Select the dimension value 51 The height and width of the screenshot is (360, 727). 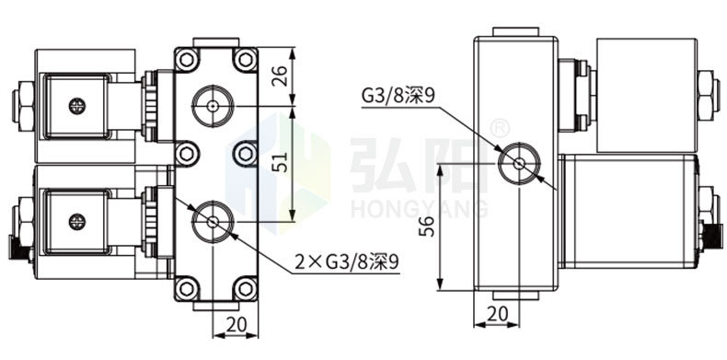click(x=281, y=162)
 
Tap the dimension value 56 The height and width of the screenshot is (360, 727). click(x=427, y=226)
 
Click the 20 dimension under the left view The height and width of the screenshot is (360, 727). click(x=236, y=325)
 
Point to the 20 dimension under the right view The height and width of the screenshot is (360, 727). click(x=498, y=314)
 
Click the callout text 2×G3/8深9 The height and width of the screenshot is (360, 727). click(x=347, y=262)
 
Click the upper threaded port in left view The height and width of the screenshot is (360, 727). click(x=213, y=106)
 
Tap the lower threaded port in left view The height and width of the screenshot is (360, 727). click(x=213, y=222)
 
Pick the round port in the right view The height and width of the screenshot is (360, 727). click(x=519, y=163)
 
